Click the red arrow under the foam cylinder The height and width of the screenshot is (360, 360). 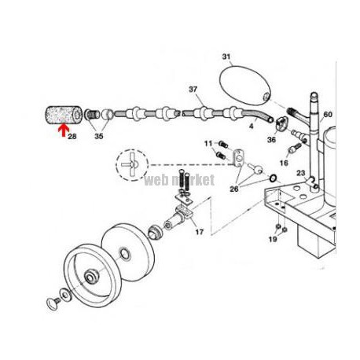[64, 130]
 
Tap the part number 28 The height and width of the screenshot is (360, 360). [72, 136]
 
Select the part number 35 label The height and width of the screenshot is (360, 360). [99, 136]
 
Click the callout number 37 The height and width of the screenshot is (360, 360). [193, 90]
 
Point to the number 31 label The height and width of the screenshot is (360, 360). [226, 57]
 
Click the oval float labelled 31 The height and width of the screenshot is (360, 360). [244, 86]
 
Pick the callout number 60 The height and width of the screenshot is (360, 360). [328, 115]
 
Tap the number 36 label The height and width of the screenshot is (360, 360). [271, 140]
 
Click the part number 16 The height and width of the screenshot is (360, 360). [284, 163]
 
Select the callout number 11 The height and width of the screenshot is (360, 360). [208, 144]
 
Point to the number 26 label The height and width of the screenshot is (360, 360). [234, 189]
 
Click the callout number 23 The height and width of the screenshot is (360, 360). [301, 173]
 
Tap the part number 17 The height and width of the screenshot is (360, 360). [200, 232]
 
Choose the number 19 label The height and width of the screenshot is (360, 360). [273, 239]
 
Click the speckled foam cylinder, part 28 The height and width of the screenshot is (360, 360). [64, 115]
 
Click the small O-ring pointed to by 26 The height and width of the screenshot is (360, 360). [273, 178]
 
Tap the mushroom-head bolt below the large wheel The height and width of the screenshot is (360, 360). [53, 303]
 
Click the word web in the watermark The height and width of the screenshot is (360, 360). [156, 180]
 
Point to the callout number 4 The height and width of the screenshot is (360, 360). [252, 127]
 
